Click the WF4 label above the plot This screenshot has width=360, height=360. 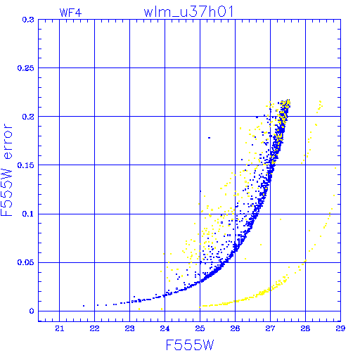(x=70, y=13)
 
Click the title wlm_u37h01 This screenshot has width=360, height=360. (x=188, y=12)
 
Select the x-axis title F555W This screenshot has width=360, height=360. (x=190, y=345)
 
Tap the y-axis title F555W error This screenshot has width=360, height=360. (x=6, y=170)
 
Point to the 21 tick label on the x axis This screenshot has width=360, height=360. (x=60, y=328)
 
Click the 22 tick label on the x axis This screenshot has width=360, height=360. (x=94, y=328)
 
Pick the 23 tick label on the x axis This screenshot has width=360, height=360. (x=129, y=328)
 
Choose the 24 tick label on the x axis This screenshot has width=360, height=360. (x=165, y=328)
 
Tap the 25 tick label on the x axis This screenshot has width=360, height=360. (x=200, y=328)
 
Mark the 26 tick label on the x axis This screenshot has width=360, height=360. (x=235, y=328)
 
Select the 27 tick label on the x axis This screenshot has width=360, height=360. (x=270, y=328)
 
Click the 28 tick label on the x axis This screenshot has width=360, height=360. (x=305, y=328)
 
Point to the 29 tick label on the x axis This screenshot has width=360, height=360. (x=340, y=328)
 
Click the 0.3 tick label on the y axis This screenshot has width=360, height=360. (x=28, y=20)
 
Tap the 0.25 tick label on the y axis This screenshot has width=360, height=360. (x=26, y=68)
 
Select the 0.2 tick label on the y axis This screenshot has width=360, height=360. (x=28, y=117)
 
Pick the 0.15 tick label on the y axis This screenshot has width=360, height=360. (x=26, y=165)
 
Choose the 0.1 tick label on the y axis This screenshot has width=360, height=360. (x=28, y=214)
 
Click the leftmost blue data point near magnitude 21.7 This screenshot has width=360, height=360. (x=84, y=306)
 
